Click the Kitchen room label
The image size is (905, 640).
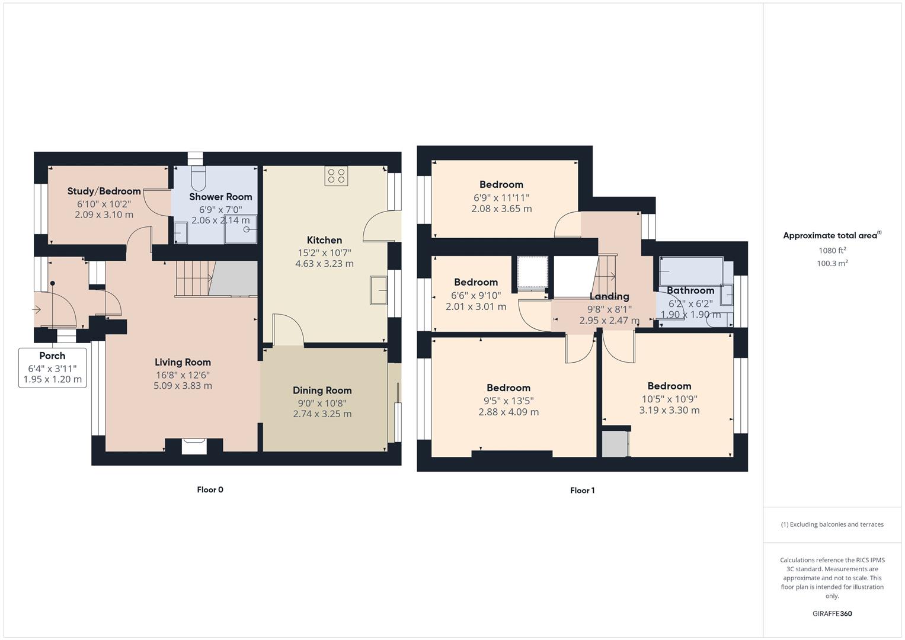(x=324, y=240)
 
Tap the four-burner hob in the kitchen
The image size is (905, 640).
(x=337, y=175)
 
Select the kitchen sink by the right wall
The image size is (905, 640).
(x=378, y=290)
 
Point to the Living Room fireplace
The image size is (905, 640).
(x=194, y=446)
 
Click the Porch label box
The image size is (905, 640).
(x=53, y=367)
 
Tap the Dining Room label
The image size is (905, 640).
(x=322, y=391)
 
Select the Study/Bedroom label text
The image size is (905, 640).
(x=104, y=191)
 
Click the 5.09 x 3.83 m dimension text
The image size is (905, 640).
(x=183, y=386)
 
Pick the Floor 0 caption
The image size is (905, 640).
(x=210, y=489)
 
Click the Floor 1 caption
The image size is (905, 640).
(x=582, y=490)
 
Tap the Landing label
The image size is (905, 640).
(x=609, y=296)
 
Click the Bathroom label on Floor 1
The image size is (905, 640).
(x=690, y=290)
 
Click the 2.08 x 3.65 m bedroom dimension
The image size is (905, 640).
(x=501, y=209)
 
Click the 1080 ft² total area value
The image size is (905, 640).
(x=832, y=251)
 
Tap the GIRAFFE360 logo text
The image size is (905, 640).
(x=832, y=613)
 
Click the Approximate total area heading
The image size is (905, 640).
(x=832, y=235)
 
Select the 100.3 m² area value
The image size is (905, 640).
(x=832, y=264)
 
